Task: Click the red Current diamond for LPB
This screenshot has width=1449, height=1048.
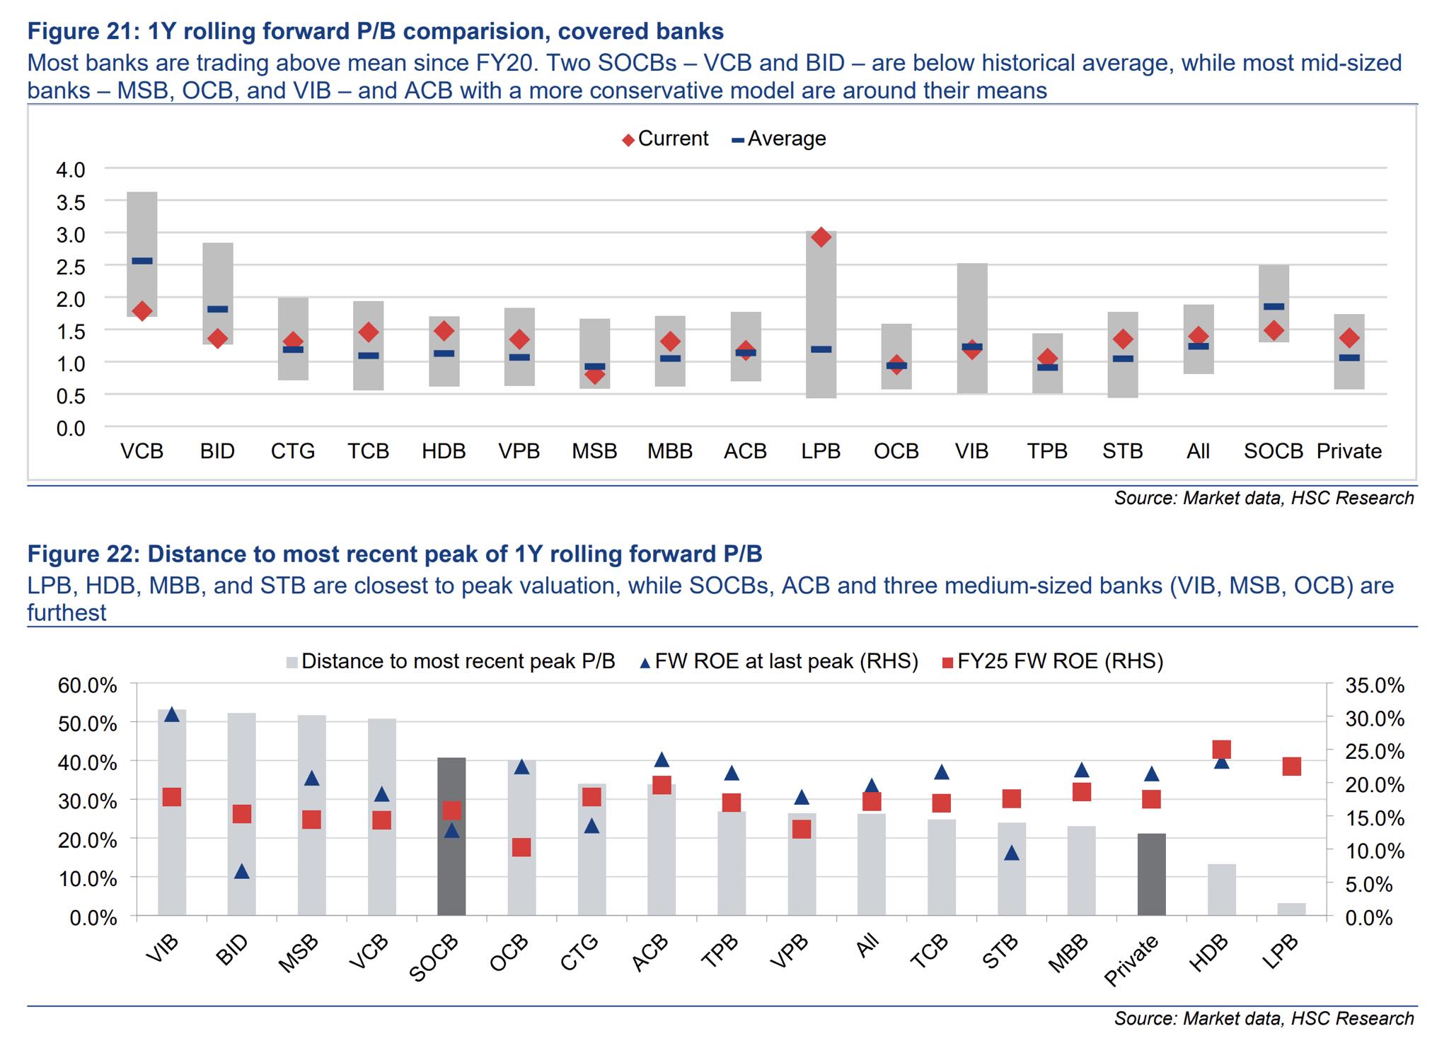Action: click(x=821, y=237)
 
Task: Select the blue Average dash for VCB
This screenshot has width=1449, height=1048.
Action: click(x=142, y=261)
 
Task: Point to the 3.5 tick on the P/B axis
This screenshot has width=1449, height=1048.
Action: click(x=70, y=203)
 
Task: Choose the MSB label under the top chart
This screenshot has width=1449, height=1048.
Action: click(x=594, y=451)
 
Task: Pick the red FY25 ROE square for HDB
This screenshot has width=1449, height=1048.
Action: click(x=1222, y=750)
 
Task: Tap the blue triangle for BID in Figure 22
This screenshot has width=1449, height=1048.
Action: click(x=242, y=871)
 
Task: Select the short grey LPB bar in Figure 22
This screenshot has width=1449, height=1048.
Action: click(x=1291, y=909)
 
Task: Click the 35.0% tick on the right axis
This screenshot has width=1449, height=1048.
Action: click(x=1374, y=686)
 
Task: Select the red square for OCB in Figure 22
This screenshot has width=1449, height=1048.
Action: click(x=521, y=847)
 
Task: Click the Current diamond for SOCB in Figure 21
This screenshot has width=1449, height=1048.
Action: click(x=1274, y=330)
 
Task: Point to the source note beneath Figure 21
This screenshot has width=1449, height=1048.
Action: click(x=1264, y=498)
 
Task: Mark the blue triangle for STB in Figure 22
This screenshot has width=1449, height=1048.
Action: click(x=1012, y=853)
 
